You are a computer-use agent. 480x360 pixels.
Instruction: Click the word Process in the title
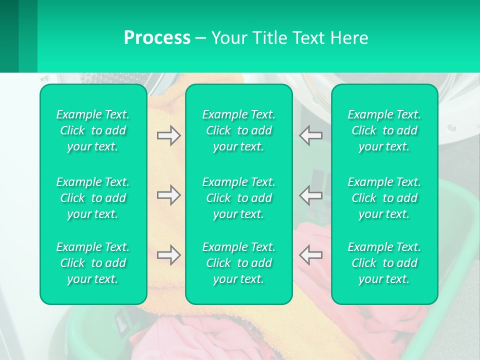tap(157, 38)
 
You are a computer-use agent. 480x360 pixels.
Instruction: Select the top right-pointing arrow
tap(168, 135)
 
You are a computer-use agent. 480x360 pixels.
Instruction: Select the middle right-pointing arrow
tap(168, 195)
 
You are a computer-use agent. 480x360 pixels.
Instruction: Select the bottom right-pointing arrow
tap(168, 255)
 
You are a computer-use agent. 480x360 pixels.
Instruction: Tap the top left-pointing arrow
tap(310, 135)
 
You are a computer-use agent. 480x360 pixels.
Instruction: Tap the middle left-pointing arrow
tap(310, 195)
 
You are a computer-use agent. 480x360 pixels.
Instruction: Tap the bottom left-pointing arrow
tap(310, 255)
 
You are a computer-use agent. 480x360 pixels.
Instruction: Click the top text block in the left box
tap(93, 130)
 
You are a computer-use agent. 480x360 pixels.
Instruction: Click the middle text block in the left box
tap(93, 198)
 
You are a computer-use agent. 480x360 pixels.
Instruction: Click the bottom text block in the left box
tap(93, 263)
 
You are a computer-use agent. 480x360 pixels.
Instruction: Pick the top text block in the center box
tap(238, 130)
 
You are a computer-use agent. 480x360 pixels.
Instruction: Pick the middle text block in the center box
tap(238, 198)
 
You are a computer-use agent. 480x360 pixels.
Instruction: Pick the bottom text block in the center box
tap(238, 263)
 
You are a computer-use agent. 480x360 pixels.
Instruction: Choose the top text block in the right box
tap(384, 130)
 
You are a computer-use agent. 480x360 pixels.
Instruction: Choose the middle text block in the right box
tap(384, 198)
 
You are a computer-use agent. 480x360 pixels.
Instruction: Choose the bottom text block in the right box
tap(384, 263)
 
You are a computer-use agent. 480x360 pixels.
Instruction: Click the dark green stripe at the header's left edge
tap(9, 36)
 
